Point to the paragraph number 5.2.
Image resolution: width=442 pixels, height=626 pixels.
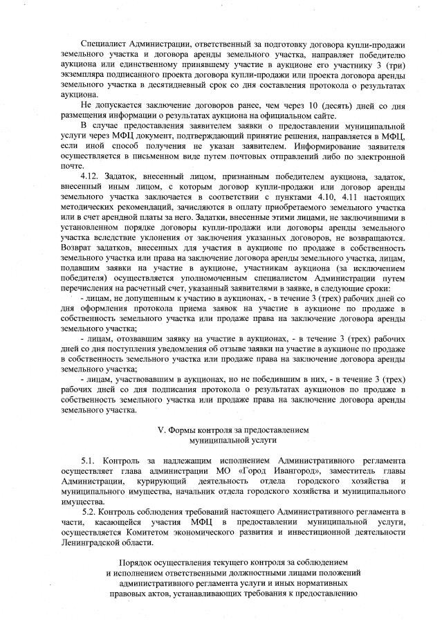click(x=92, y=511)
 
